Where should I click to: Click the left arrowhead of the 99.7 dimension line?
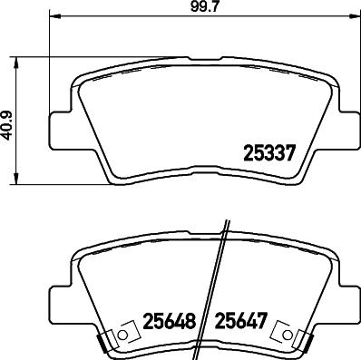[x=50, y=17]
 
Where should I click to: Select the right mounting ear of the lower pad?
[x=345, y=298]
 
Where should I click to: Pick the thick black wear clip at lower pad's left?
[x=102, y=343]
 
